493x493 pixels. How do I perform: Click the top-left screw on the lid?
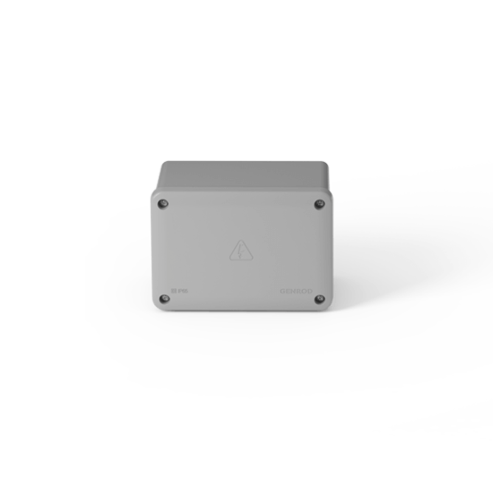coord(163,204)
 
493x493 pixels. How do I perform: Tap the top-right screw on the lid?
coord(319,204)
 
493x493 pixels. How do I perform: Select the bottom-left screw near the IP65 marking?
coord(164,299)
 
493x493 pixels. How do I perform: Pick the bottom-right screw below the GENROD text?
coord(319,299)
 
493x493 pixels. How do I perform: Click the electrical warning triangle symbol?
coord(241,252)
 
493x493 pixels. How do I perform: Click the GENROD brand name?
coord(296,291)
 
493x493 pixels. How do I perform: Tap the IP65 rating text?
coord(180,291)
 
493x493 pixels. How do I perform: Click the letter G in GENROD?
coord(283,291)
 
